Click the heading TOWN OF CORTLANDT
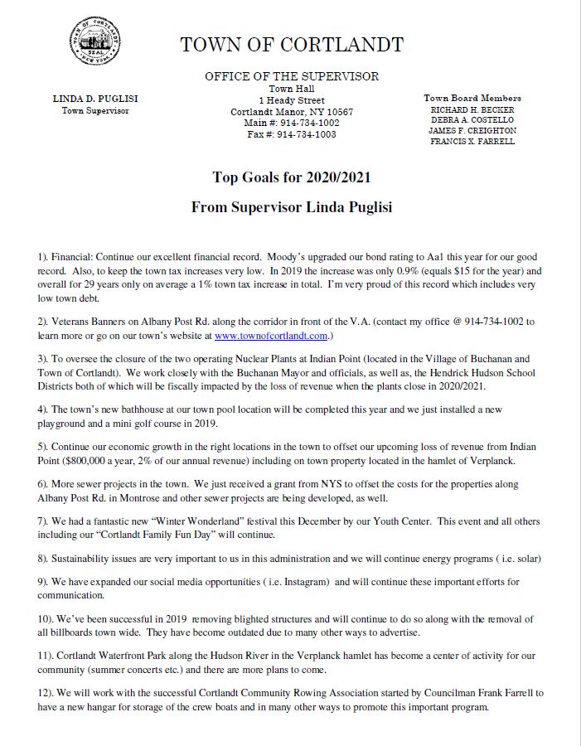point(292,45)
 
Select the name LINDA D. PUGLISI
point(95,99)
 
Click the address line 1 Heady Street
point(292,100)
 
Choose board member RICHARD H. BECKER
point(472,109)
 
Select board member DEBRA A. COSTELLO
point(472,120)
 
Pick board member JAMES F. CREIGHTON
point(472,131)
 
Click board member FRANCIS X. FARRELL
point(472,142)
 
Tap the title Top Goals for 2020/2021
point(291,177)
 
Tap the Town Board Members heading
point(472,98)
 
